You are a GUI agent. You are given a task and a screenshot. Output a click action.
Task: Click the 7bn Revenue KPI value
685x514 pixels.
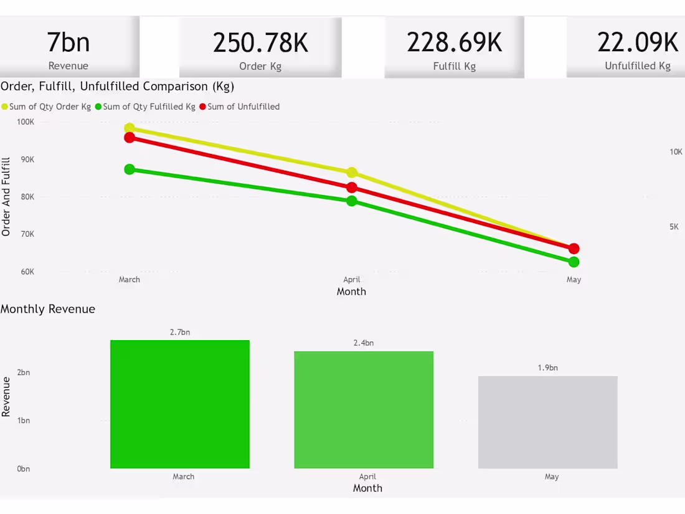point(68,43)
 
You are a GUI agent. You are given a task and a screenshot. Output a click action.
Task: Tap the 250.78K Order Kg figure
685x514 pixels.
point(260,43)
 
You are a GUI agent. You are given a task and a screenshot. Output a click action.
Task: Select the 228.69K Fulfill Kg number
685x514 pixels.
point(454,42)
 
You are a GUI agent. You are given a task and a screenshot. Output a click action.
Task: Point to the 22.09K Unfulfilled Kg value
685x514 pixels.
point(637,42)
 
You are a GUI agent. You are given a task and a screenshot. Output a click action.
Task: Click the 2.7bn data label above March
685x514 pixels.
point(180,332)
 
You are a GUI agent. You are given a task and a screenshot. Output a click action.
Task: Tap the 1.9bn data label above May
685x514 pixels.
point(547,368)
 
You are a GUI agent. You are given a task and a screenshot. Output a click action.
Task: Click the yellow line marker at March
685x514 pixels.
point(130,128)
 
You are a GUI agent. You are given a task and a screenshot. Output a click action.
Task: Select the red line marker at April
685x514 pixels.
point(352,188)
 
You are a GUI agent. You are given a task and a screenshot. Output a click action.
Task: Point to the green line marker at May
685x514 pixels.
point(574,262)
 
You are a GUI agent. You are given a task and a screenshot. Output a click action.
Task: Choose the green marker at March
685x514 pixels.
point(130,169)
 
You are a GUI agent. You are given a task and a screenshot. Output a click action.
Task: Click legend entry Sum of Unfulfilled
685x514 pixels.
point(243,107)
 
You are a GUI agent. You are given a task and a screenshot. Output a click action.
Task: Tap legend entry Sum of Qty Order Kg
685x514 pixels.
point(50,107)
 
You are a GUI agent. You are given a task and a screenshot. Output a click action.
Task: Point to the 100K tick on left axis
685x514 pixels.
point(26,121)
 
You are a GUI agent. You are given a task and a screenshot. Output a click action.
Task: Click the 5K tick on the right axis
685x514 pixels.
point(674,227)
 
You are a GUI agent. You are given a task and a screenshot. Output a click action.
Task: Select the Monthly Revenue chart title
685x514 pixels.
point(48,309)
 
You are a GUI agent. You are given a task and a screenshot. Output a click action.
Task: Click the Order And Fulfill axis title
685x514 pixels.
point(6,197)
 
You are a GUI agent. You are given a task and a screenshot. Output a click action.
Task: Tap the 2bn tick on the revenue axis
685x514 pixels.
point(23,373)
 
